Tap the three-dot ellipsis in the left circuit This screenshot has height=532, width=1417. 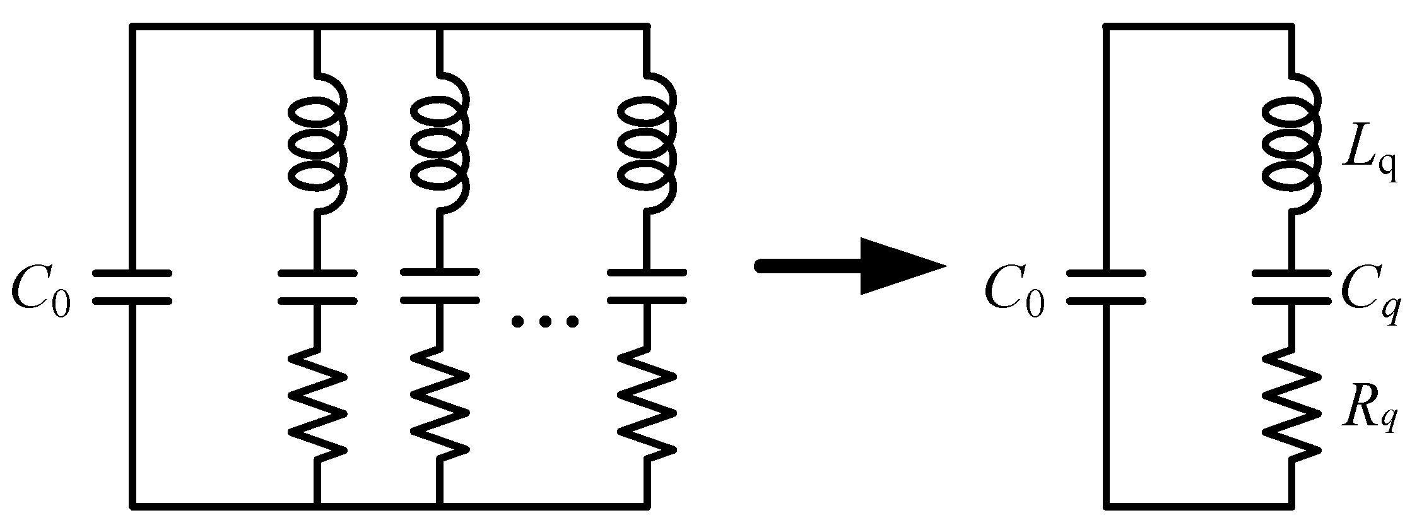tap(544, 322)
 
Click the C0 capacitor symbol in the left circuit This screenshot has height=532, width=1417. tap(132, 288)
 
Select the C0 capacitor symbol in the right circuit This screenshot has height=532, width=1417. tap(1105, 288)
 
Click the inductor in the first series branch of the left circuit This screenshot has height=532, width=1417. tap(317, 145)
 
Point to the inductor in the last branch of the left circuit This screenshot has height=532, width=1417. tap(647, 145)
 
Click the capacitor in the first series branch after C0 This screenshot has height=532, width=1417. tap(317, 288)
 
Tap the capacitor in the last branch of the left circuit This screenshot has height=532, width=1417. tap(647, 288)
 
